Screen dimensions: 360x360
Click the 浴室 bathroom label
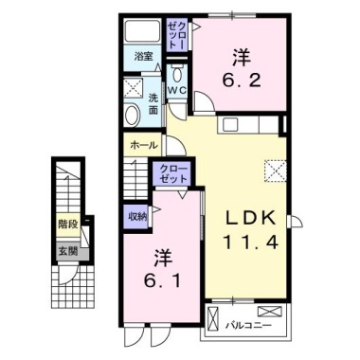pos(144,57)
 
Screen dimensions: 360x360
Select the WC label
pos(178,91)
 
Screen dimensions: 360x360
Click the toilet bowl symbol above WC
pos(177,73)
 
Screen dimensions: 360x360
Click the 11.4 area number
pos(249,241)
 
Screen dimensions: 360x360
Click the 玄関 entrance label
pos(66,251)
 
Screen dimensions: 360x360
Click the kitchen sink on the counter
pos(232,126)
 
